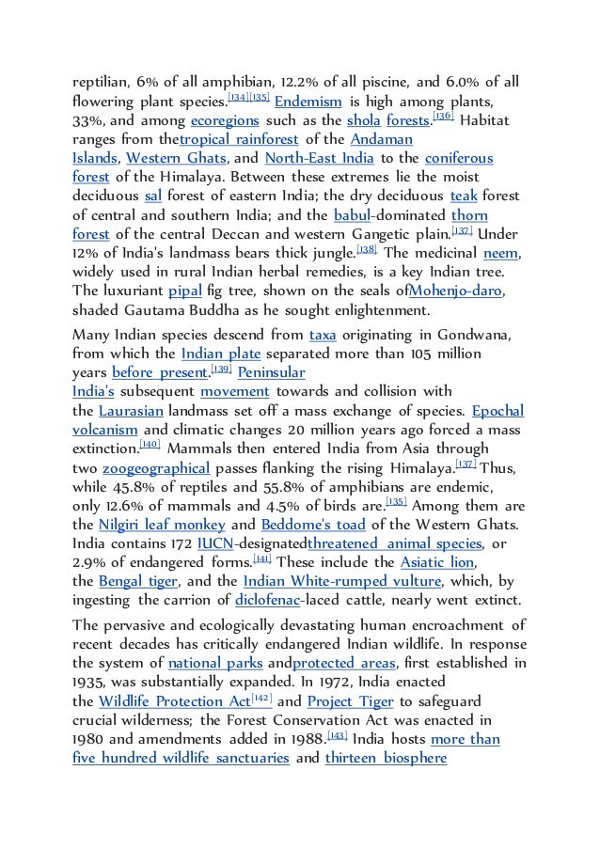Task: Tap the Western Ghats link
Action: (177, 158)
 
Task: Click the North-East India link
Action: (320, 158)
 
